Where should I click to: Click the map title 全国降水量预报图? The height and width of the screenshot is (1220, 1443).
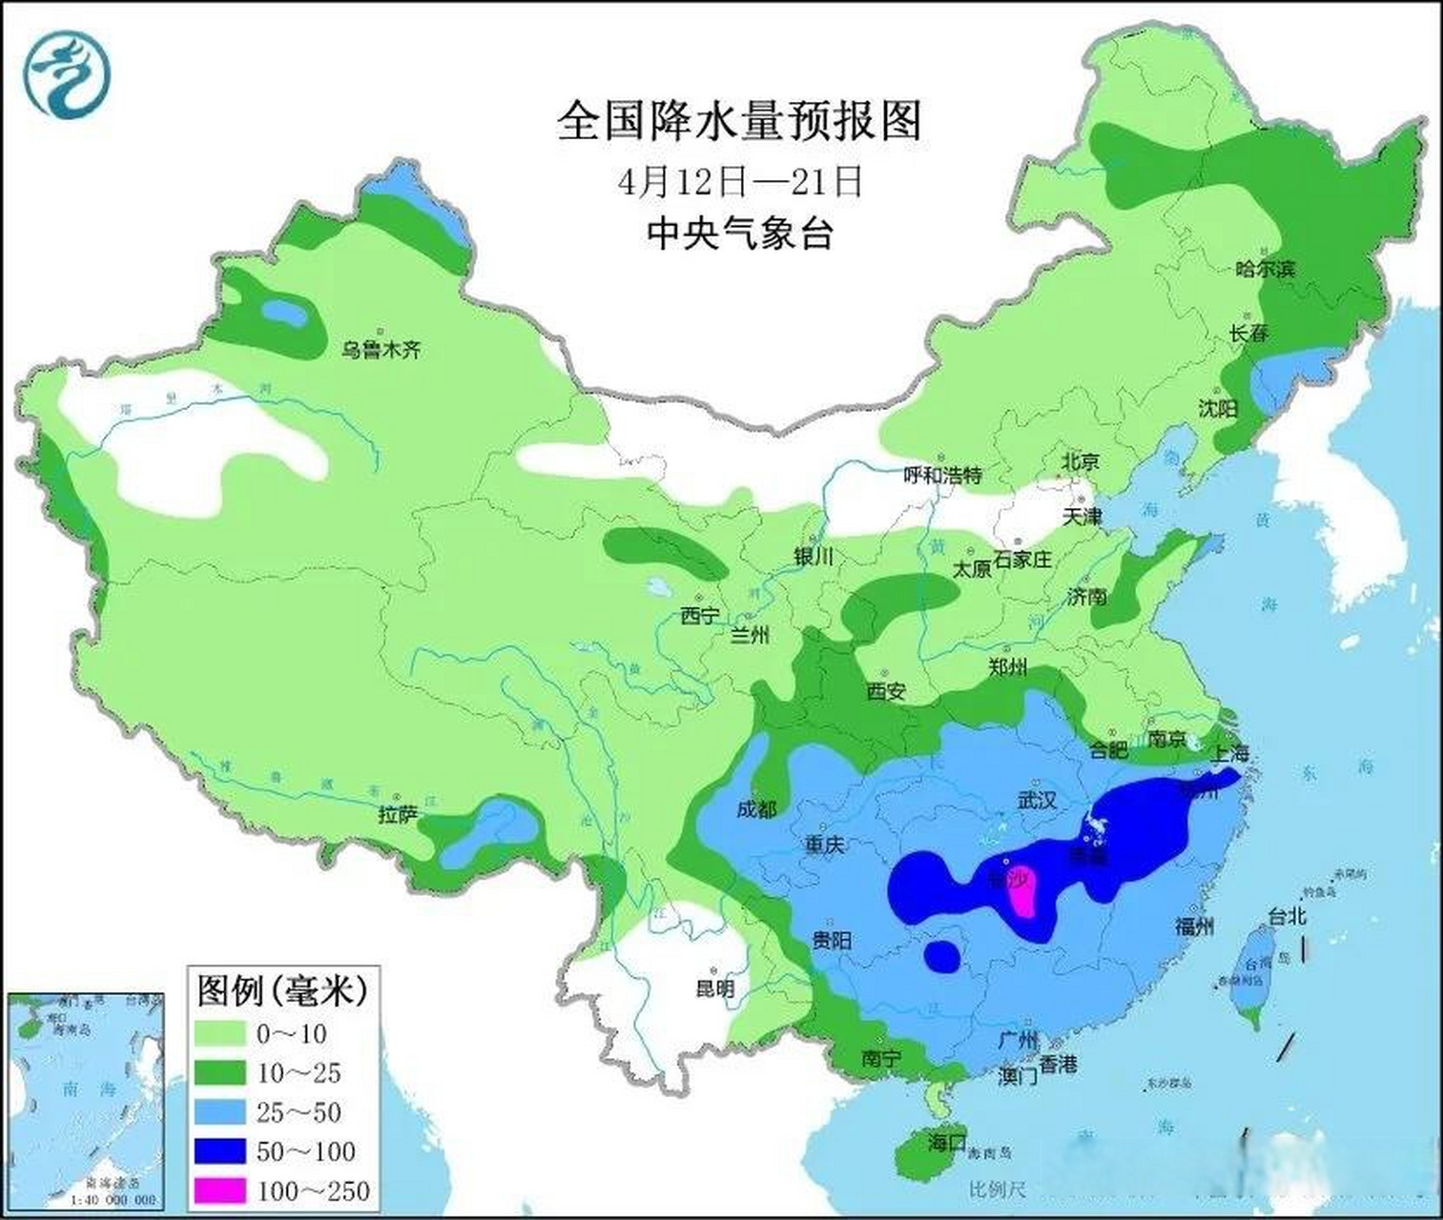(739, 122)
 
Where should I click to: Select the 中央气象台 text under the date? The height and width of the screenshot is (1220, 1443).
(739, 233)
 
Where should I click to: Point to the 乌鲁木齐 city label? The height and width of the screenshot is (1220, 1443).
(381, 350)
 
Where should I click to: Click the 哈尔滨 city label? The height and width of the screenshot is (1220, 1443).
(1265, 269)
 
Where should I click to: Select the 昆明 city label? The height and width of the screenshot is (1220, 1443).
(714, 988)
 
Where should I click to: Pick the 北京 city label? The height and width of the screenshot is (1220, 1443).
(1081, 461)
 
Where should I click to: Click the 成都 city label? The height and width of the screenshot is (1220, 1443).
(756, 809)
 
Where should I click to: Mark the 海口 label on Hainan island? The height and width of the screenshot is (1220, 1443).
(947, 1142)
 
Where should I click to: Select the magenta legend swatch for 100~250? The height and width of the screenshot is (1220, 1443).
(221, 1190)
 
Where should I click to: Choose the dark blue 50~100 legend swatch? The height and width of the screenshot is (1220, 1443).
(221, 1151)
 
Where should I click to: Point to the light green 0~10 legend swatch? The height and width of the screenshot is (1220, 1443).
(221, 1034)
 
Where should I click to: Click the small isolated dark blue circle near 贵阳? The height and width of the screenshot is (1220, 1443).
(942, 955)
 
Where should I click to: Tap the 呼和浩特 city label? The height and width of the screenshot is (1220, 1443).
(942, 475)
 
